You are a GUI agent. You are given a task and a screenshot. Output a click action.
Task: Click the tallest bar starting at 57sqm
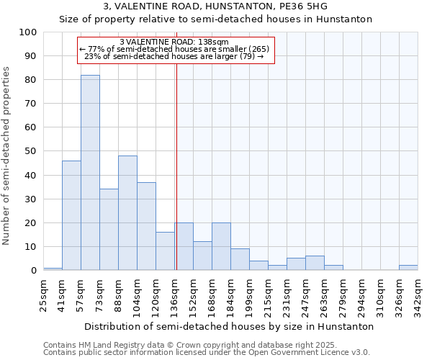[90, 173]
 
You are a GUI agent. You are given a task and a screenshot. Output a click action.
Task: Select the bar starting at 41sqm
[71, 215]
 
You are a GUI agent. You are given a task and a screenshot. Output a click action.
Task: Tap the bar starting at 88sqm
[127, 213]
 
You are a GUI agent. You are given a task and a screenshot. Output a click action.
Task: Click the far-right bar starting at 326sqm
[408, 268]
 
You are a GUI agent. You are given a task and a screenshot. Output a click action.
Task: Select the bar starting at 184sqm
[240, 259]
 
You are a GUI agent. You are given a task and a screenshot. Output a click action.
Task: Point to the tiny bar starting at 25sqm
[53, 269]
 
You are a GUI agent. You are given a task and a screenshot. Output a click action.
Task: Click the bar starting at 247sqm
[315, 263]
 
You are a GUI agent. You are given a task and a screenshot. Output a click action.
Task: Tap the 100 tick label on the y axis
[28, 32]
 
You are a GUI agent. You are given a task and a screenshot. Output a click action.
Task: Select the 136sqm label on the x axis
[174, 294]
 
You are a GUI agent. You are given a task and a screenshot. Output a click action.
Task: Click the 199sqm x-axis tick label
[249, 294]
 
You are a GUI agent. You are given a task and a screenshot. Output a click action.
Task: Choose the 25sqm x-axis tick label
[43, 294]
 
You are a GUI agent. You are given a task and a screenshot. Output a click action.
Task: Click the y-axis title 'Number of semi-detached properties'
[7, 156]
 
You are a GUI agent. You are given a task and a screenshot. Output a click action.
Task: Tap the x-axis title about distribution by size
[229, 326]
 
